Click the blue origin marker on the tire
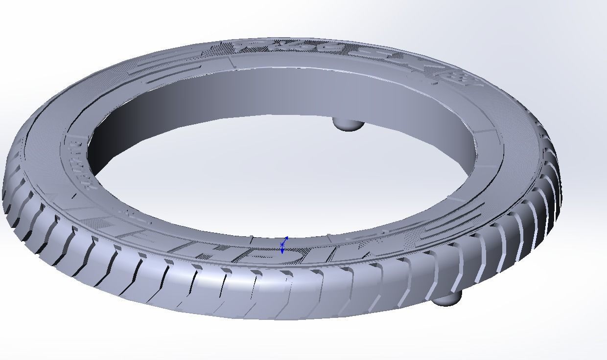tap(283, 245)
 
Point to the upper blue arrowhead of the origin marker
tap(286, 238)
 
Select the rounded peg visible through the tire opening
tap(348, 124)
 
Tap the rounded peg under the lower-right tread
tap(446, 298)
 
